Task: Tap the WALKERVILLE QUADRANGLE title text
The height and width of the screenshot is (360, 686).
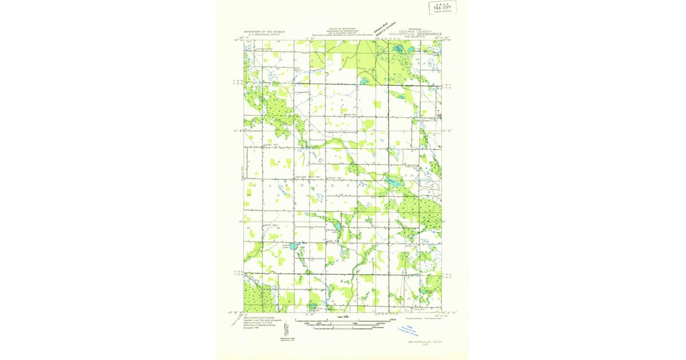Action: pyautogui.click(x=411, y=34)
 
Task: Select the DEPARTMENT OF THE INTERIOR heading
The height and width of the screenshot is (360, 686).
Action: pyautogui.click(x=264, y=31)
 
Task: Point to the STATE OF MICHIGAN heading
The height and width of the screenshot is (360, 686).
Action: pyautogui.click(x=342, y=28)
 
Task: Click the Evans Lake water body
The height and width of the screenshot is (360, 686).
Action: pyautogui.click(x=293, y=246)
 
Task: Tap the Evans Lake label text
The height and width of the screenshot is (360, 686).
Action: pyautogui.click(x=284, y=246)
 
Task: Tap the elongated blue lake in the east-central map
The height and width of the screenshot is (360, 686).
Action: pyautogui.click(x=393, y=183)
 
